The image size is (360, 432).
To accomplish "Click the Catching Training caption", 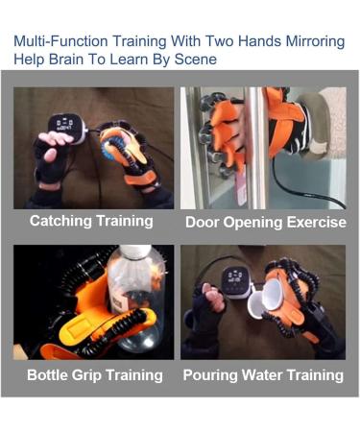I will coord(91,221).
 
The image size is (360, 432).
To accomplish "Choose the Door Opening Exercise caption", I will coord(264,222).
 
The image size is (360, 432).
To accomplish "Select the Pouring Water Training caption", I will coord(263,374).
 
